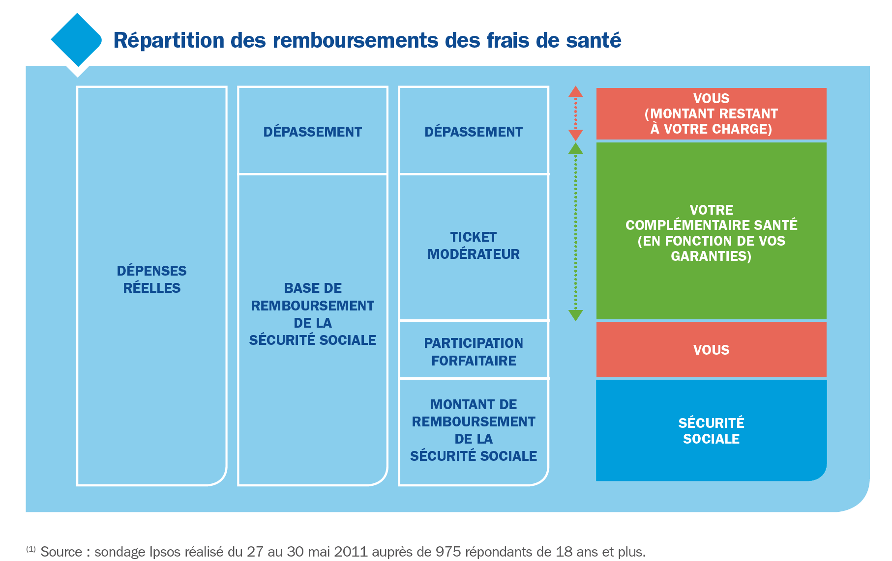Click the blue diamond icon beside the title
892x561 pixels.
(76, 40)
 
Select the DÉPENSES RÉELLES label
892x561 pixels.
(151, 279)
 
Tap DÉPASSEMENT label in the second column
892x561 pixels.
(312, 132)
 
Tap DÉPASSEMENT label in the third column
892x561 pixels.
(473, 132)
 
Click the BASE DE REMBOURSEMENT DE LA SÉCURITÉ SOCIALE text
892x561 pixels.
(312, 314)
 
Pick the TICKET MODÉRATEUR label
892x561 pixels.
(473, 245)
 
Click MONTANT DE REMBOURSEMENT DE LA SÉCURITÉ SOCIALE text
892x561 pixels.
(473, 430)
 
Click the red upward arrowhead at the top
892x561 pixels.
(575, 92)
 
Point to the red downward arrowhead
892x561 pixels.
(575, 135)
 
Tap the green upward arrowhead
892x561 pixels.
(575, 149)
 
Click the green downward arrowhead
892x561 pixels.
(575, 315)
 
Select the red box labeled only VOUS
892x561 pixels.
(711, 350)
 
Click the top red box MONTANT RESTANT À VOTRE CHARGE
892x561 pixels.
(711, 113)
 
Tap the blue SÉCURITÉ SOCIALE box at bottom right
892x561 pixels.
(711, 430)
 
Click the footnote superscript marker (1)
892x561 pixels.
(30, 549)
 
